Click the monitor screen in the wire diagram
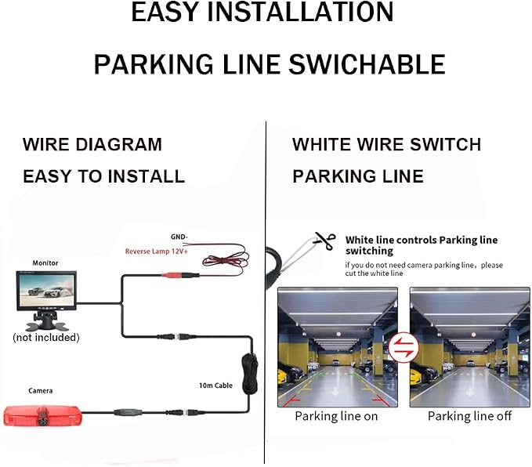(46, 291)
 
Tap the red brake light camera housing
(43, 416)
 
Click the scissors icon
(325, 241)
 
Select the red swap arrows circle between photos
(404, 348)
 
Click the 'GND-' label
(179, 237)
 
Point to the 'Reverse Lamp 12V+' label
(157, 252)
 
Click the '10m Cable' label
(215, 386)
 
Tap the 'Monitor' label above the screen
(45, 263)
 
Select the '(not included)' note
(46, 338)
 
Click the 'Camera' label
(41, 391)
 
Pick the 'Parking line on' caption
(336, 416)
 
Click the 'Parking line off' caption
(469, 416)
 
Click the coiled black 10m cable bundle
(250, 373)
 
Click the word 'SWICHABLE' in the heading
(367, 64)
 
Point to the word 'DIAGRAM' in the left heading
(119, 144)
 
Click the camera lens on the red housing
(43, 422)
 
